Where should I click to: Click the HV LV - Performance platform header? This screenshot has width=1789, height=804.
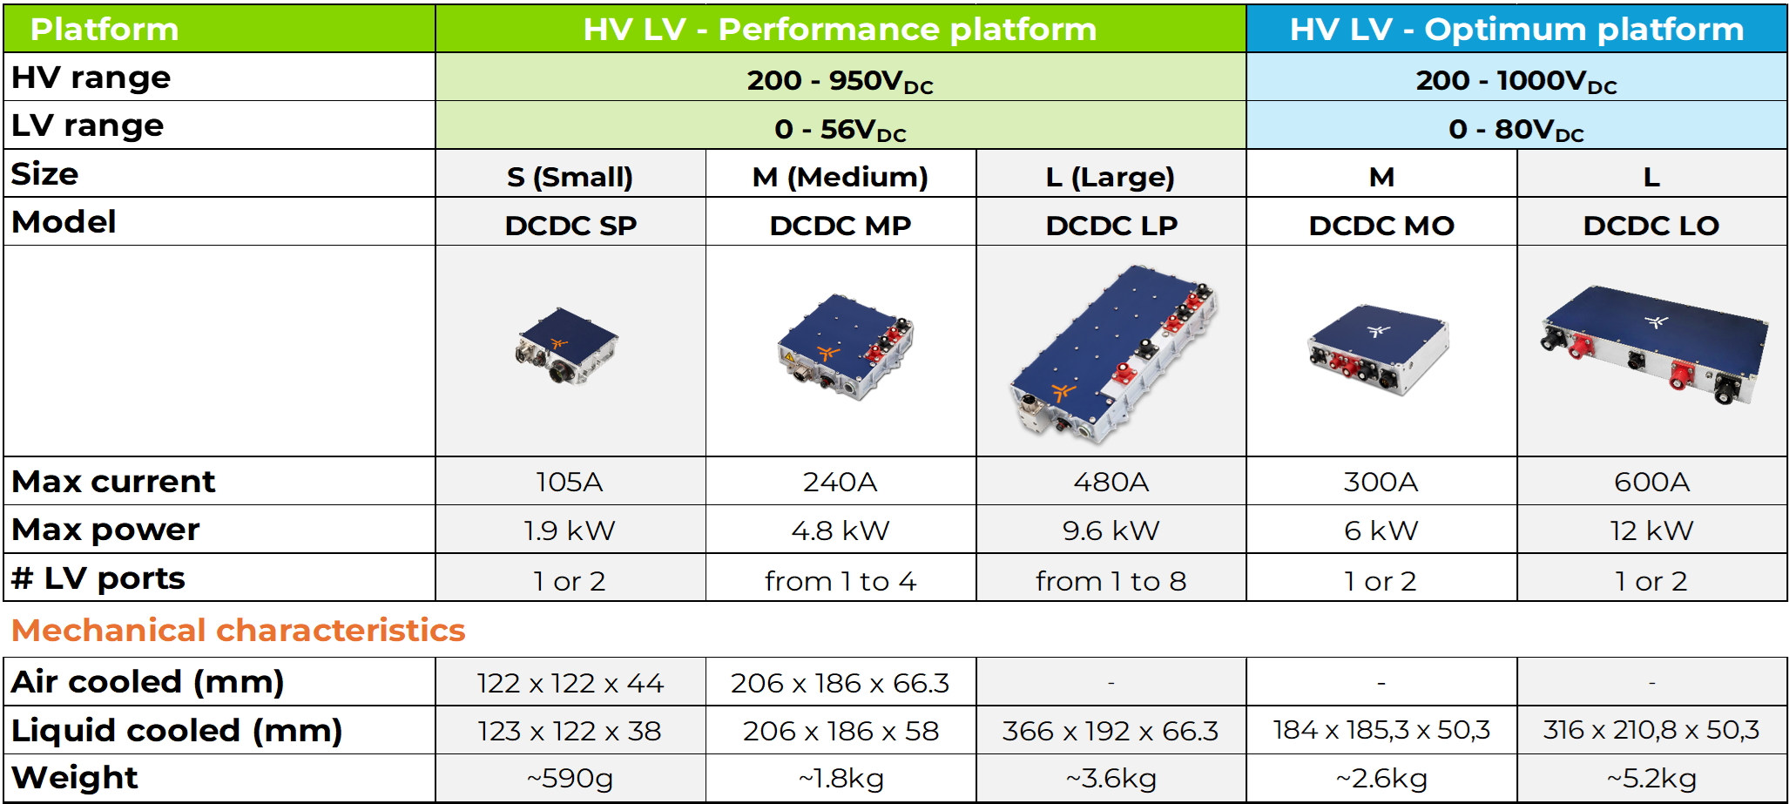tap(840, 30)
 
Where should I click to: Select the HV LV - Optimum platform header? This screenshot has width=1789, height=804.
tap(1516, 30)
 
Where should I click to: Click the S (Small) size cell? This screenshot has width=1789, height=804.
tap(570, 177)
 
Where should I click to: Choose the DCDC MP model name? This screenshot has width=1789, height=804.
tap(840, 226)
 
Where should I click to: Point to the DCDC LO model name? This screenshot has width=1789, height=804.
tap(1651, 226)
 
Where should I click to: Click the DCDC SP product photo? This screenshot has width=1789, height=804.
tap(567, 346)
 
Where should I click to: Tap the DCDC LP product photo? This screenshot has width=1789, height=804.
tap(1112, 355)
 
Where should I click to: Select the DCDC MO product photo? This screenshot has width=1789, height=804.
tap(1379, 348)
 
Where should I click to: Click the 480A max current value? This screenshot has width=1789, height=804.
tap(1111, 482)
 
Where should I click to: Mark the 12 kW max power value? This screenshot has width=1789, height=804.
tap(1651, 530)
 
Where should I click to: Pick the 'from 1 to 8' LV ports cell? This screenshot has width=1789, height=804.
tap(1111, 581)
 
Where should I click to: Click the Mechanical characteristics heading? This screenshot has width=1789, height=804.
tap(239, 630)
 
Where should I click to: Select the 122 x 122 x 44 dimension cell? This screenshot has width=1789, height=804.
tap(570, 683)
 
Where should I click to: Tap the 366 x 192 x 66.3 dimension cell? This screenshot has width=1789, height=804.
tap(1111, 731)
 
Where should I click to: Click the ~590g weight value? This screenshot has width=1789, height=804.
tap(570, 778)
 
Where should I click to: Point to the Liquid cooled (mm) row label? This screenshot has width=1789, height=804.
tap(177, 731)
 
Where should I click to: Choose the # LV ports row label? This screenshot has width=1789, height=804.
tap(98, 578)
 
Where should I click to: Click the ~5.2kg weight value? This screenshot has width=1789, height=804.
tap(1651, 778)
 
